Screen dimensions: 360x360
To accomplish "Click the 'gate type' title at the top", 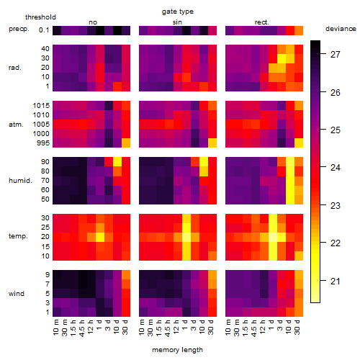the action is coord(178,12).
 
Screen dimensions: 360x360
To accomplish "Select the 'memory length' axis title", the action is coord(177,350).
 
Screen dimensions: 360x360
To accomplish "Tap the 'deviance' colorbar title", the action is coord(341,29).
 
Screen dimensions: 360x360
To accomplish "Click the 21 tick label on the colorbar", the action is coord(336,281).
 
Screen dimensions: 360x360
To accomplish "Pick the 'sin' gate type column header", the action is coord(177,22).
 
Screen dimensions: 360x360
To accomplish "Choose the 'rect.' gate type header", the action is coord(261,22).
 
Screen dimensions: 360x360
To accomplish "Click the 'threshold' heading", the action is coord(40,17).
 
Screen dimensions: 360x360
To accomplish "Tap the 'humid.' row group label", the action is coord(20,181).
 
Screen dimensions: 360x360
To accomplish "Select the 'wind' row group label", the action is coord(17,294).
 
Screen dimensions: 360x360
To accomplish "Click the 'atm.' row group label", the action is coord(16,125).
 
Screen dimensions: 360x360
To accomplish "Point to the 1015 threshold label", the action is coord(41,106).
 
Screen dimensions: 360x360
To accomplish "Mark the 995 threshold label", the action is coord(43,143).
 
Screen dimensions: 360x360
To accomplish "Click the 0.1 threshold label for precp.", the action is coord(44,30).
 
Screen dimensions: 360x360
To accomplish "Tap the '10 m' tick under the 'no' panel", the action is coord(55,327).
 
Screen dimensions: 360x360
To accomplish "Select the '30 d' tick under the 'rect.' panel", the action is coord(297,327).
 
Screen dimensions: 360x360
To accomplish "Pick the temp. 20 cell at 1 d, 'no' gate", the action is coord(100,237).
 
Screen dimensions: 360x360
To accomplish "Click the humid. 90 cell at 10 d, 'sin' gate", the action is coord(204,162).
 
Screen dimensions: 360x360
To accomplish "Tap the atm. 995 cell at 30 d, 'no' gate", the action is coord(126,143).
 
